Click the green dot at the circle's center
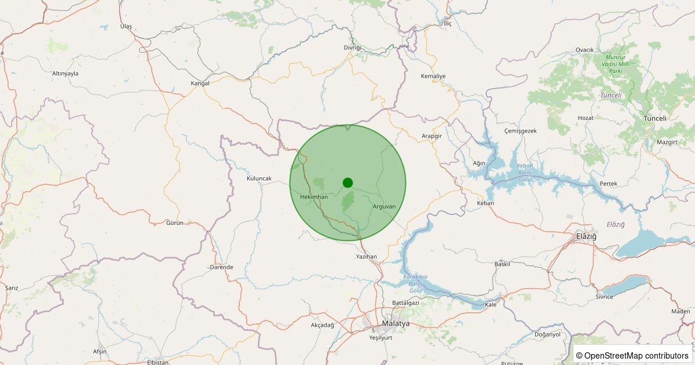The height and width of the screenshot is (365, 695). tap(348, 183)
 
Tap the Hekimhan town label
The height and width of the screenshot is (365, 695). tap(314, 197)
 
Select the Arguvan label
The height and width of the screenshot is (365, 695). tap(385, 206)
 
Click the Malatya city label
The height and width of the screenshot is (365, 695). tap(396, 323)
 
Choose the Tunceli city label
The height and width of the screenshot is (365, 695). tap(655, 118)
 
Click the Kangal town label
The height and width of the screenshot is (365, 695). tap(200, 83)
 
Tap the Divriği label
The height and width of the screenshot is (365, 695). tap(352, 47)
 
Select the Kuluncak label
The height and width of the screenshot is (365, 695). tap(259, 178)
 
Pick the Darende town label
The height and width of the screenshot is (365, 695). tap(221, 267)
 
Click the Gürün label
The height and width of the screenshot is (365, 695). tap(174, 223)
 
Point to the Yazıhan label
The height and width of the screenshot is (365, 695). tap(367, 256)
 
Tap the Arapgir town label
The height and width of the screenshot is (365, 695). tap(432, 136)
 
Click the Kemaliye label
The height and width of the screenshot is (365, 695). tap(433, 76)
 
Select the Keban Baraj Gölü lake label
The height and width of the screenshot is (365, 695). tap(524, 173)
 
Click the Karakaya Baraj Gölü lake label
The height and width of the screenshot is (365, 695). tap(415, 283)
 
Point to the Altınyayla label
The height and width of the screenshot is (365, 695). tap(65, 74)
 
